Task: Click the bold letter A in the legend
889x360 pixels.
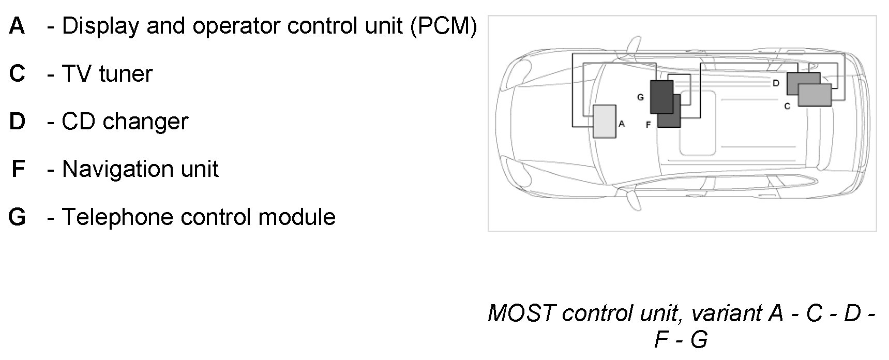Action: (x=17, y=26)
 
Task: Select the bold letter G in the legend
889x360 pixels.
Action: (x=17, y=217)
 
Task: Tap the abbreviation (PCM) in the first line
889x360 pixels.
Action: (x=443, y=26)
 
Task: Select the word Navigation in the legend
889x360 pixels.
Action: (x=117, y=169)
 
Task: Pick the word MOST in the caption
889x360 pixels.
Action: (x=521, y=313)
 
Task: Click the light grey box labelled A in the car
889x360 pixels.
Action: (x=604, y=122)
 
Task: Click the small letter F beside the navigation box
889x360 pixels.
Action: (x=648, y=125)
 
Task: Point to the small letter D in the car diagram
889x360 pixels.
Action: (x=776, y=83)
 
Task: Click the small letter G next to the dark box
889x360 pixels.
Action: (x=640, y=97)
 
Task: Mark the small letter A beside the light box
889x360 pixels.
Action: (x=622, y=124)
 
